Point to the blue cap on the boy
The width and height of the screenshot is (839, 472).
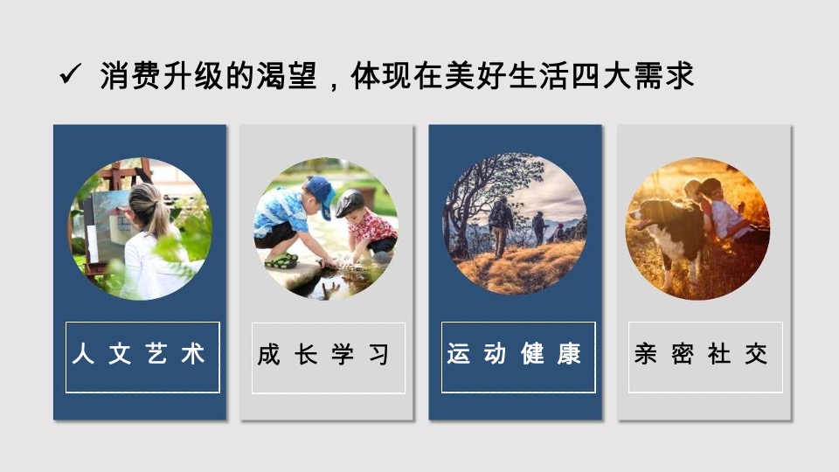[321, 191]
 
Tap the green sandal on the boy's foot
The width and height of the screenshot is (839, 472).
[282, 260]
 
